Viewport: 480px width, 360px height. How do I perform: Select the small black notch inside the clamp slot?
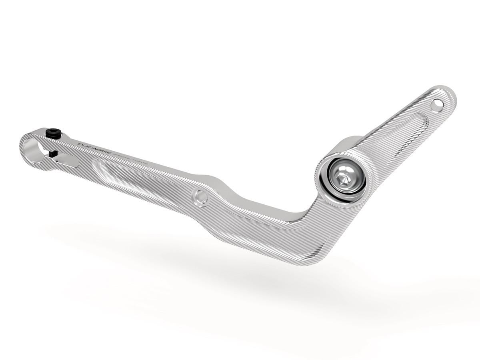click(x=54, y=153)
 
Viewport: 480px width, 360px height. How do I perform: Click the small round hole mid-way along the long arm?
click(x=200, y=196)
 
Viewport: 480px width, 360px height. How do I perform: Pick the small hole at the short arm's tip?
click(x=438, y=106)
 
